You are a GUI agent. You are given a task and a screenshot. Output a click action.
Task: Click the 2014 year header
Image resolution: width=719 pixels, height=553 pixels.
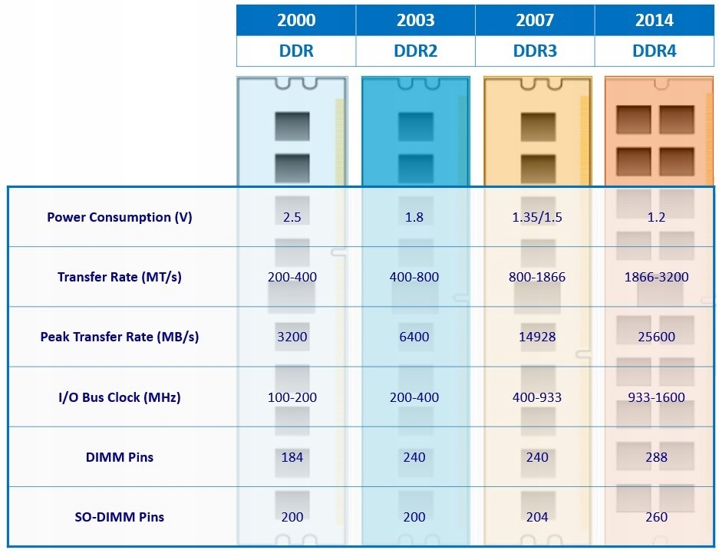point(655,21)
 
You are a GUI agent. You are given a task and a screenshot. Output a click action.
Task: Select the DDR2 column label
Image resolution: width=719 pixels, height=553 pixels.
point(415,51)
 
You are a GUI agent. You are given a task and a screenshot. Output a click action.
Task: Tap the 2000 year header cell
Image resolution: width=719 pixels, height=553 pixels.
point(295,21)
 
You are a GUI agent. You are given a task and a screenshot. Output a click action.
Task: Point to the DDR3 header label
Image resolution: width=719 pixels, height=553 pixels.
point(535,51)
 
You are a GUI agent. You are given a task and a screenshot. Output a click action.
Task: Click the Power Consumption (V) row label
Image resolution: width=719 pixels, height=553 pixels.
point(120,217)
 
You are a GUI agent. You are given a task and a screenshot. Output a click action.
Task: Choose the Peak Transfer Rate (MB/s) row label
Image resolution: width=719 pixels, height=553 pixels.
point(120,337)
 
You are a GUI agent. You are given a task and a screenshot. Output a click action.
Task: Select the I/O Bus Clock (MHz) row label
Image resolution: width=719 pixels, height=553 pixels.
point(120,397)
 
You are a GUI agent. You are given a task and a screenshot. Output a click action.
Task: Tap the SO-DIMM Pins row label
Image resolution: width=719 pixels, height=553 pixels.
point(120,517)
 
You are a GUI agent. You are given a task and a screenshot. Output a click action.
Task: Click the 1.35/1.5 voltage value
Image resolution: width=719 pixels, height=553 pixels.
point(537,217)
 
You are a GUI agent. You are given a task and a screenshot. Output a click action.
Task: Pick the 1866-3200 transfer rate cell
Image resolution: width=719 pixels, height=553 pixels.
point(657,276)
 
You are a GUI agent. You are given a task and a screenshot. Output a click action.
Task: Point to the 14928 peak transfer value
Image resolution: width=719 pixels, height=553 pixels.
point(537,337)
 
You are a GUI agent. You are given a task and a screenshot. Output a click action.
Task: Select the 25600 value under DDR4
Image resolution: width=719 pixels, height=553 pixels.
point(657,337)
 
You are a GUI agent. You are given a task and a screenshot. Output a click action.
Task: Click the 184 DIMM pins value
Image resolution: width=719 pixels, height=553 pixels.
point(292,457)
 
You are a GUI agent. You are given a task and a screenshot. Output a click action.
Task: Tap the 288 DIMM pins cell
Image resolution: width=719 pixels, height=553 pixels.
point(657,457)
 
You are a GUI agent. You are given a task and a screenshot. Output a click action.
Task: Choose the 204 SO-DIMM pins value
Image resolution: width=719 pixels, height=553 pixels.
point(537,517)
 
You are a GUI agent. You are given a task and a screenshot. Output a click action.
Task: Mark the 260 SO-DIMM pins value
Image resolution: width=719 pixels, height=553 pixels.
point(657,517)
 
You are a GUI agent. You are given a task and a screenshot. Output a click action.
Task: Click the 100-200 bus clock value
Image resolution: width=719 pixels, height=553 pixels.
point(292,397)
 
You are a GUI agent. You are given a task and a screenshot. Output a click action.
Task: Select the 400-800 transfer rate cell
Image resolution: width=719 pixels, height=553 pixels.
point(414,276)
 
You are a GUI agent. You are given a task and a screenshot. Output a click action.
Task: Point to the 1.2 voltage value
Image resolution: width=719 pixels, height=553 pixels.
point(657,217)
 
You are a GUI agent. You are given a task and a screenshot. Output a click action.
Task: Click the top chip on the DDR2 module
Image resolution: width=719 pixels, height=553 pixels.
point(416,126)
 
